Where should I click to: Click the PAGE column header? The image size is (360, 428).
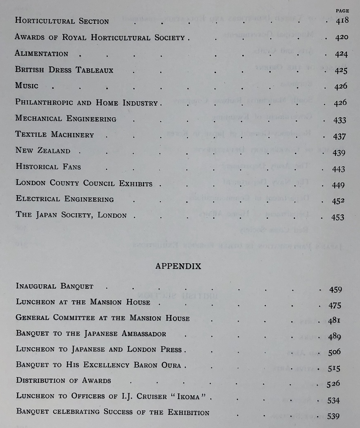pos(342,11)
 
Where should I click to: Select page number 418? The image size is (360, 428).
pos(342,21)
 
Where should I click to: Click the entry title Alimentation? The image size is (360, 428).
pos(41,54)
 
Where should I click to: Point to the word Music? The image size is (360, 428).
pos(27,86)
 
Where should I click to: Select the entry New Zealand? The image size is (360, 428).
pos(43,150)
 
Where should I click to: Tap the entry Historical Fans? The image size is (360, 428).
pos(48,167)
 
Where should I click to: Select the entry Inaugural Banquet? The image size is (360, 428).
pos(55,286)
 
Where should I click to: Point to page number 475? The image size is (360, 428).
pos(335,306)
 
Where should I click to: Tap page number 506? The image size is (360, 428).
pos(334,352)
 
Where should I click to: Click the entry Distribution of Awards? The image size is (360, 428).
pos(63,380)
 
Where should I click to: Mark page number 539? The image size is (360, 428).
pos(333,416)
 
